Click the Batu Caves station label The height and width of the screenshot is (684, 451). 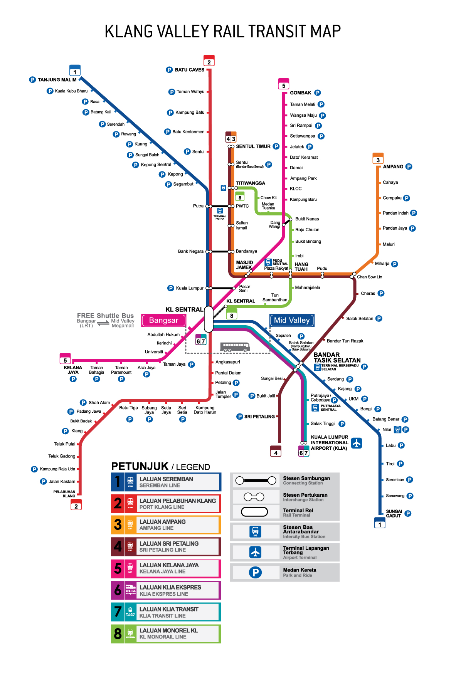pos(189,70)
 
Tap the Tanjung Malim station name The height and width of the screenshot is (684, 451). pos(57,80)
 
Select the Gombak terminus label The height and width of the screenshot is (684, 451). pos(300,93)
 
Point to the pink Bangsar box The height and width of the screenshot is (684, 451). pos(164,321)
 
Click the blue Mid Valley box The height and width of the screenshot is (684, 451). pos(292,320)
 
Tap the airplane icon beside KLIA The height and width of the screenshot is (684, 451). pos(357,443)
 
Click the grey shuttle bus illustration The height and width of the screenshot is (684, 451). pos(235,347)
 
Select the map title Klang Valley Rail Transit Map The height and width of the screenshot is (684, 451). pos(223,32)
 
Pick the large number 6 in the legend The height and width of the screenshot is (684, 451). pos(118,590)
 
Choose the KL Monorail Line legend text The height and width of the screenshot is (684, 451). pos(168,634)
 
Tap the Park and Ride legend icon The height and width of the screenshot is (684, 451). pos(255,573)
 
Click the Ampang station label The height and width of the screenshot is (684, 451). pos(393,167)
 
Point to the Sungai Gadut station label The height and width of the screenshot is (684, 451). pos(394,514)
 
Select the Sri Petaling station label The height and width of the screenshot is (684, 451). pos(259,417)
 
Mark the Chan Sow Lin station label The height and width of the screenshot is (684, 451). pos(369,277)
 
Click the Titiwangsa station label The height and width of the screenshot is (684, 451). pos(251,183)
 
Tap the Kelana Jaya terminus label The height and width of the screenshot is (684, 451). pos(73,370)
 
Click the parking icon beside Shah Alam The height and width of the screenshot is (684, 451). pos(83,403)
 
